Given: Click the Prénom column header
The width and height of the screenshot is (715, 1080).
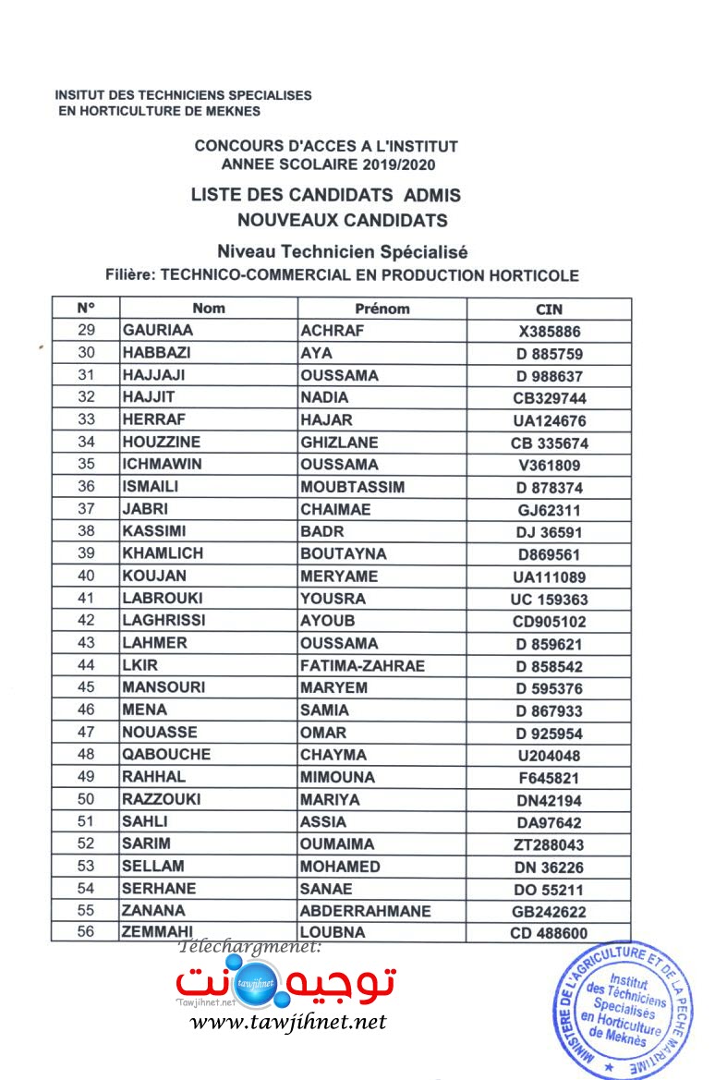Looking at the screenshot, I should click(x=382, y=309).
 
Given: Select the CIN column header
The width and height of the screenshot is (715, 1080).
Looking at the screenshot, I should click(x=549, y=309).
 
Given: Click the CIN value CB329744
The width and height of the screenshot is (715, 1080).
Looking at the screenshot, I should click(x=550, y=399).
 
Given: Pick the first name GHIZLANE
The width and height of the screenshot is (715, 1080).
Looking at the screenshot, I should click(x=339, y=443).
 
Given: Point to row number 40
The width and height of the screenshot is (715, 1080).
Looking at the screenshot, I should click(x=86, y=576).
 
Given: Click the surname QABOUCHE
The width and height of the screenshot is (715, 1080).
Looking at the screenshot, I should click(x=166, y=755).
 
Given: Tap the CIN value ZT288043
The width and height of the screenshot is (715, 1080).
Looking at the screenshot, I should click(x=550, y=845).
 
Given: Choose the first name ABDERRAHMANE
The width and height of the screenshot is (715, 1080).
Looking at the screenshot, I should click(x=366, y=911).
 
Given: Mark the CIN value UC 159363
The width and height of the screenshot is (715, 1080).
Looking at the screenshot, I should click(x=550, y=600).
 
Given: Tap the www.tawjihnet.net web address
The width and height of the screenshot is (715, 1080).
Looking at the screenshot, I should click(x=287, y=1022).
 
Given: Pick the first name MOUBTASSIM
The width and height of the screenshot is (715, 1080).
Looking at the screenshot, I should click(x=353, y=487).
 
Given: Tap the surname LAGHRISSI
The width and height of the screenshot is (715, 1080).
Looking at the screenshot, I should click(x=164, y=621).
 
